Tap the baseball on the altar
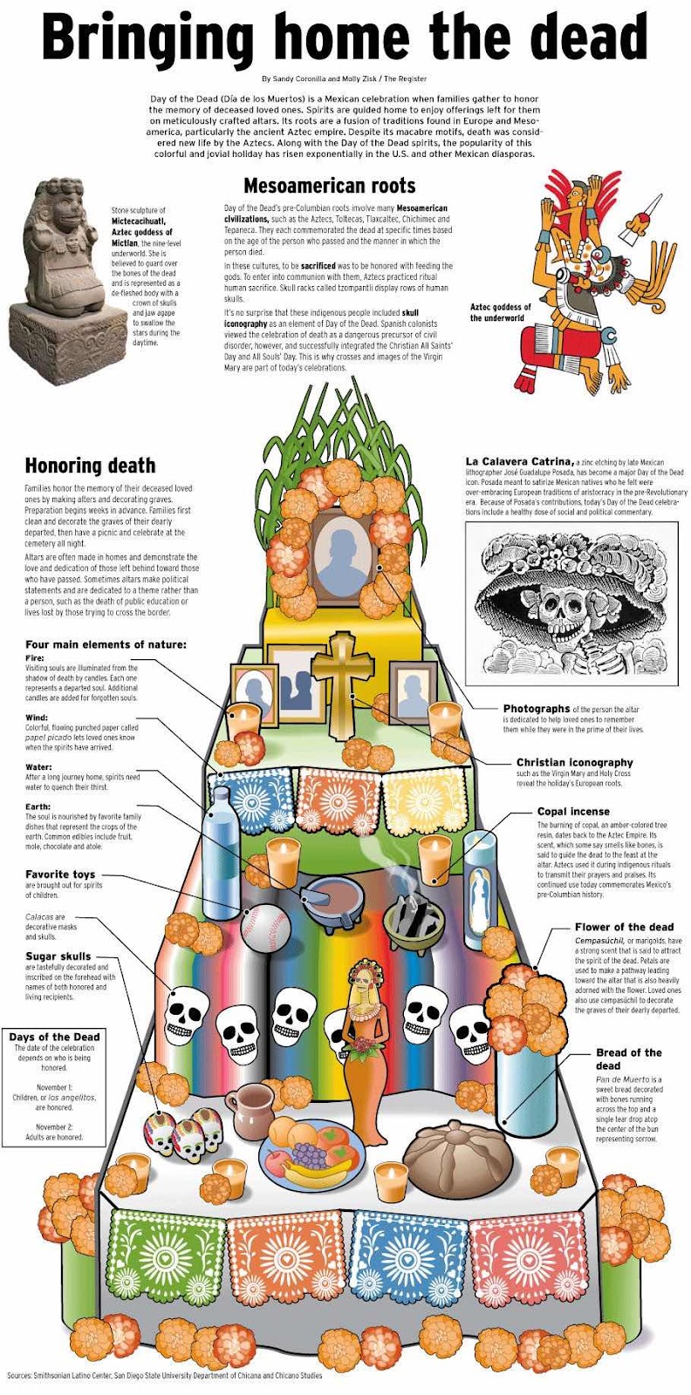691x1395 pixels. point(266,928)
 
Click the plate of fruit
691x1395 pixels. point(311,1149)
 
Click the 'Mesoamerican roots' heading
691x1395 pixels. point(330,186)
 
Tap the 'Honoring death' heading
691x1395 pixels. point(91,466)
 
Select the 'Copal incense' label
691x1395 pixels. point(573,812)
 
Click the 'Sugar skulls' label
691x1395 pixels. point(58,956)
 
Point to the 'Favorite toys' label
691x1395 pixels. point(60,874)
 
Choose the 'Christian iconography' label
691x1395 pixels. point(574,762)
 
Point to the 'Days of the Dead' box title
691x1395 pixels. point(54,1037)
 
